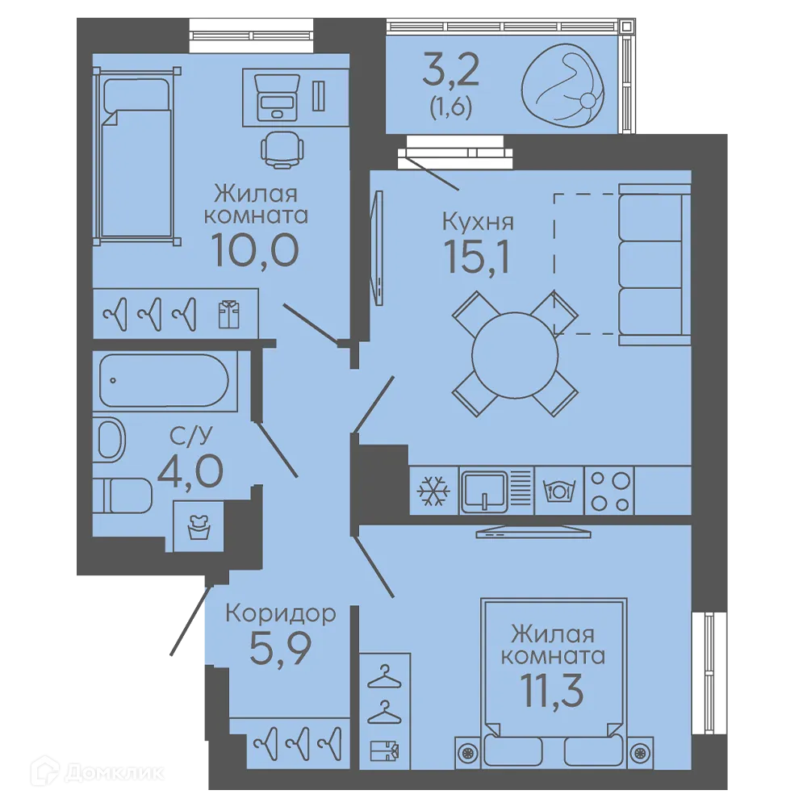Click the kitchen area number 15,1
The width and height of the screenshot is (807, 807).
tap(477, 257)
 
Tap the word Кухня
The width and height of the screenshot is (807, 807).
tap(478, 222)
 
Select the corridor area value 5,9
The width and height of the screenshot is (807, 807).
tap(281, 649)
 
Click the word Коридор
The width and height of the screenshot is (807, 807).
tap(281, 614)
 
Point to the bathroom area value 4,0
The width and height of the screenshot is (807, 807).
tap(190, 471)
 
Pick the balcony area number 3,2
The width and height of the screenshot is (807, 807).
tap(451, 70)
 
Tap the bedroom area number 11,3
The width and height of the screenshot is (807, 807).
tap(552, 692)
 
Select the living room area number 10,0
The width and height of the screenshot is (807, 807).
tap(255, 250)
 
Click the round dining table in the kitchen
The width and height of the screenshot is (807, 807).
tap(515, 354)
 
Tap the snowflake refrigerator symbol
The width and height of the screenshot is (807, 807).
tap(433, 491)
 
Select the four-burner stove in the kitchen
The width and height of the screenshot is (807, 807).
tap(609, 491)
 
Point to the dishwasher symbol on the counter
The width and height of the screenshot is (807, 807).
tap(559, 491)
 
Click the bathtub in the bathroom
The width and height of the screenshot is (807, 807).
tap(164, 380)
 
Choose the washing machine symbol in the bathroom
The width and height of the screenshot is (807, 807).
tap(199, 527)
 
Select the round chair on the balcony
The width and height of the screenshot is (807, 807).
tap(563, 86)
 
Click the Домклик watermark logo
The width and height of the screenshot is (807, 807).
tap(98, 772)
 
